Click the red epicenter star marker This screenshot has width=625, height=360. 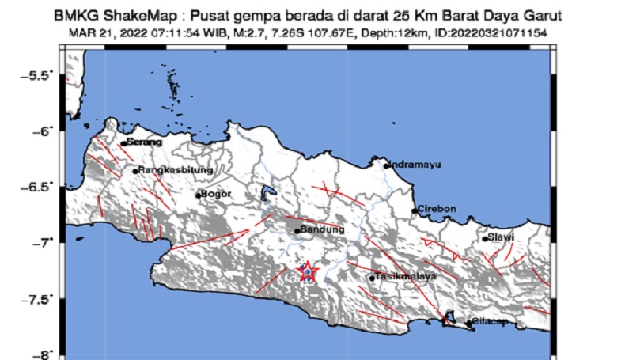click(307, 272)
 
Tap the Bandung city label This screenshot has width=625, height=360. click(324, 229)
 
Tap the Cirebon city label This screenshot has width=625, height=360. click(437, 209)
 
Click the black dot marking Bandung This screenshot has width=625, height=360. click(297, 231)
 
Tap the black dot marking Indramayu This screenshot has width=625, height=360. click(386, 165)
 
